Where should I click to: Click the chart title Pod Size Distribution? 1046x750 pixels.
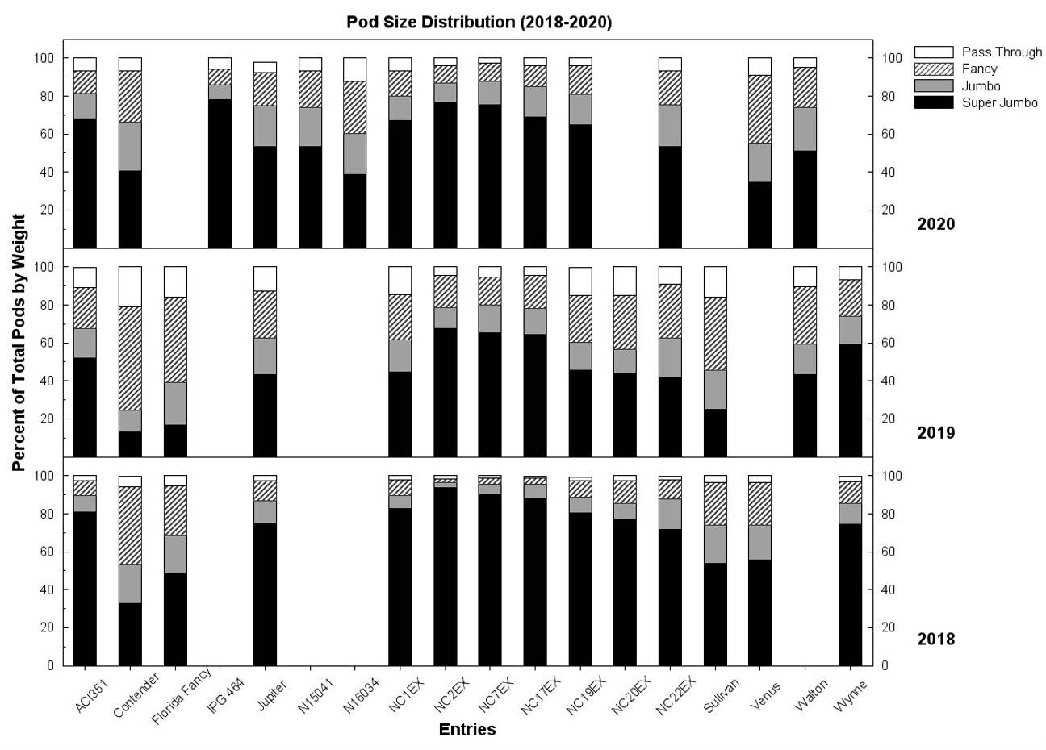[x=479, y=22]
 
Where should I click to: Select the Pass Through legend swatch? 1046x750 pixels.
[x=933, y=52]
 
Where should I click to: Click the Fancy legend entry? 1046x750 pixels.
[x=979, y=69]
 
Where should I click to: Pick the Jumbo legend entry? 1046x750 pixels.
[x=981, y=86]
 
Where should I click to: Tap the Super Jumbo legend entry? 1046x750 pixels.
[x=999, y=103]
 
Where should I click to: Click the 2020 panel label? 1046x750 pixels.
[x=935, y=224]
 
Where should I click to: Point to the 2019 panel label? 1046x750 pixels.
[x=935, y=433]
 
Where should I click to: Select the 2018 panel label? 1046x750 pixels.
[x=935, y=640]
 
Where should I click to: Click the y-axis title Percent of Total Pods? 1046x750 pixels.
[x=19, y=343]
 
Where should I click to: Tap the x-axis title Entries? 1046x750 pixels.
[x=467, y=730]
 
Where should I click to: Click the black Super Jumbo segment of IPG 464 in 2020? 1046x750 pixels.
[x=220, y=173]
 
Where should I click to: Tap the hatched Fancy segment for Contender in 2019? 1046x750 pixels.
[x=130, y=358]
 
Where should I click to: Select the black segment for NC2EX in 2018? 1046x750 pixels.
[x=445, y=577]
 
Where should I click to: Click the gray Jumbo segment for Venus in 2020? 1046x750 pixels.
[x=759, y=162]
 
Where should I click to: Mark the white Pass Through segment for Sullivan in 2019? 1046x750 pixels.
[x=715, y=281]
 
